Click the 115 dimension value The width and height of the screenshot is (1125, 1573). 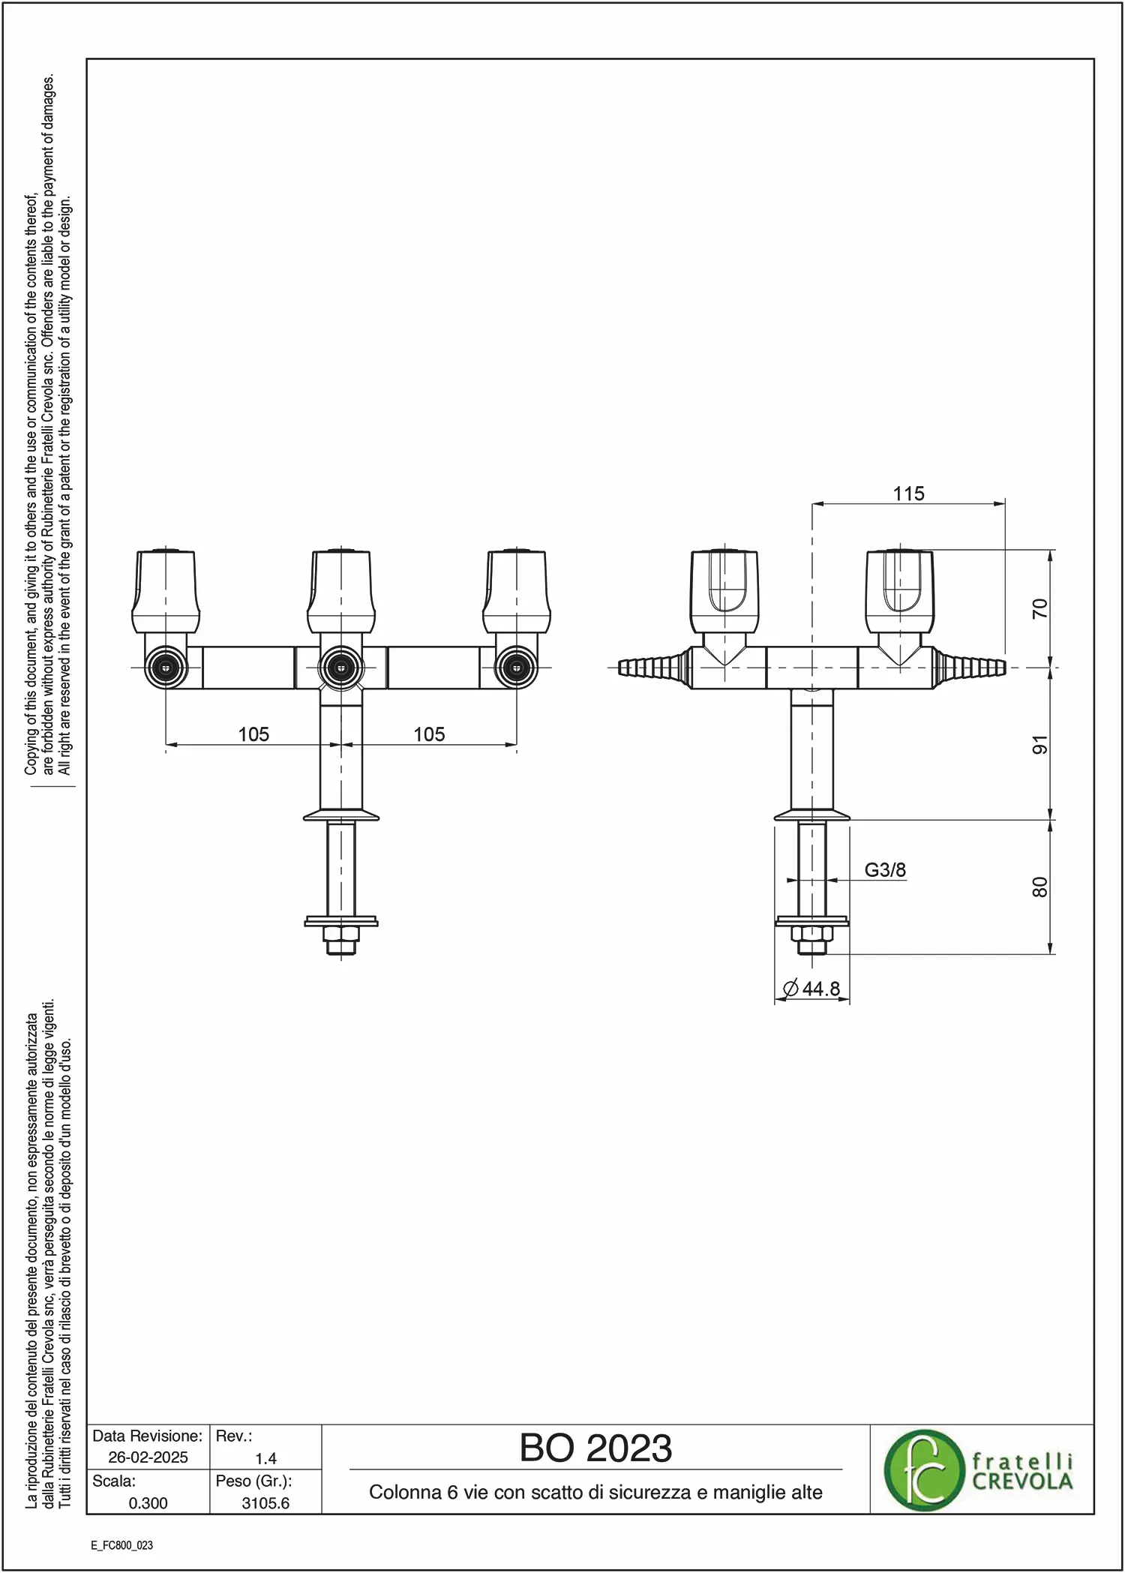[x=908, y=494]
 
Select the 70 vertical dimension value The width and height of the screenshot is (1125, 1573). [x=1039, y=608]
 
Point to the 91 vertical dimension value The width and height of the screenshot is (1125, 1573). [x=1039, y=745]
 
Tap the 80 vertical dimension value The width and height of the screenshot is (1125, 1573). [x=1039, y=887]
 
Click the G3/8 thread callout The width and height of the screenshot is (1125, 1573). [x=885, y=870]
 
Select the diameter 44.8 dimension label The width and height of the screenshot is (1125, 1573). [x=811, y=989]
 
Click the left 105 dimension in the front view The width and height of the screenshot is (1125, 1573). [x=253, y=734]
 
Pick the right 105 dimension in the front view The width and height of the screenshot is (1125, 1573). [x=429, y=734]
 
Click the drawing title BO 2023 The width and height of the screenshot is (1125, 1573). [x=595, y=1448]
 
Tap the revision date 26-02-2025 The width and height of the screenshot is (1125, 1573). [x=148, y=1457]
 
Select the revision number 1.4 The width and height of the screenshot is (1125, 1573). [x=265, y=1458]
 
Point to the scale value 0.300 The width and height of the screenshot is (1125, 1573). [x=148, y=1503]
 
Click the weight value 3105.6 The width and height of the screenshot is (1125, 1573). [x=265, y=1503]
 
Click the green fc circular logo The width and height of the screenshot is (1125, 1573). [x=923, y=1470]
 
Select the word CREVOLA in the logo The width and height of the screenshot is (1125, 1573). [x=1022, y=1481]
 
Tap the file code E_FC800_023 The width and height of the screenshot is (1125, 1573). [x=121, y=1545]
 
